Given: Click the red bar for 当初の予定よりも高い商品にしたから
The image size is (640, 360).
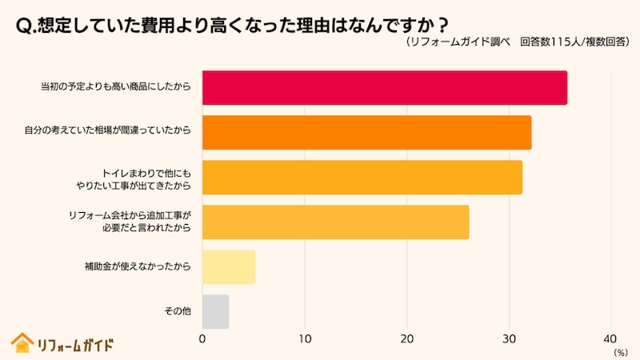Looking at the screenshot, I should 384,88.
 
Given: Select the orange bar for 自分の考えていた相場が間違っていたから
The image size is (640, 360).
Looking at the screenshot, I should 366,133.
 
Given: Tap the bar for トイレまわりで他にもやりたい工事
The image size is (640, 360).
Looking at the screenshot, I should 362,178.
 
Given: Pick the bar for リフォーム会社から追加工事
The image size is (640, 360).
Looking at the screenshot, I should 335,222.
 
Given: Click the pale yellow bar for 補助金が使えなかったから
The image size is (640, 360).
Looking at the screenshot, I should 229,267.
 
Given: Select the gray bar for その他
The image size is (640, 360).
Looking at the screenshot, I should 215,312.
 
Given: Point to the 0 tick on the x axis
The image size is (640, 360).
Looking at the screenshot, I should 202,338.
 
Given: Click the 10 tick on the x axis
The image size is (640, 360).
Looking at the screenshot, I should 304,338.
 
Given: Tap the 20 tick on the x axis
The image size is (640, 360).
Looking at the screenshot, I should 407,338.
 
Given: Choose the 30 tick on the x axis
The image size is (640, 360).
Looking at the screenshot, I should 510,338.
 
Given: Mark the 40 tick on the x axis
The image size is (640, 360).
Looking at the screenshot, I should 612,338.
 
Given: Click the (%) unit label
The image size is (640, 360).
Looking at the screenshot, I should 621,351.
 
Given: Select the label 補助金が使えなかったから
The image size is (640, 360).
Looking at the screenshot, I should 138,267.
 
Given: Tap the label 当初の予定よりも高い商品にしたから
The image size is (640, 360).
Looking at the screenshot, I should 116,88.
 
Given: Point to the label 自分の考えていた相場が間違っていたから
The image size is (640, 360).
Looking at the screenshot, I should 107,133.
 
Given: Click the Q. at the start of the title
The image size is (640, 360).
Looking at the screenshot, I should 26,25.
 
